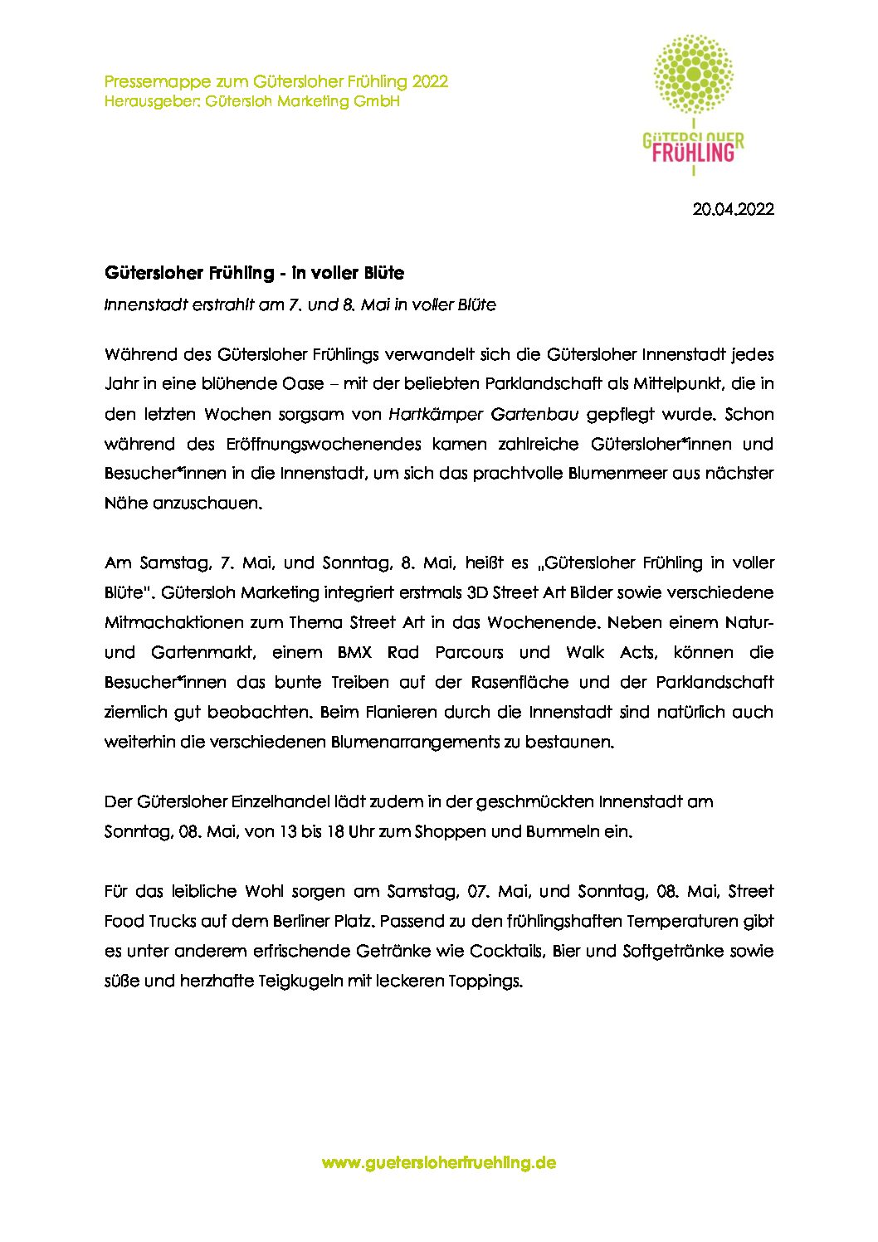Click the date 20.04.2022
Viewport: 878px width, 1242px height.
733,209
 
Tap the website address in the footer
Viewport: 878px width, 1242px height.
438,1162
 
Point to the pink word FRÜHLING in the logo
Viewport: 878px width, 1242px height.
693,153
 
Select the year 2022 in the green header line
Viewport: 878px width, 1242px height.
430,81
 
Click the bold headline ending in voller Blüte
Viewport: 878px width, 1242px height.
254,273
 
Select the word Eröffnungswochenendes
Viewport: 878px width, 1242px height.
323,444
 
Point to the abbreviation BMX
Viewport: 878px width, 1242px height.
354,653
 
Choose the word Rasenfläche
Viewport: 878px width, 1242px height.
519,683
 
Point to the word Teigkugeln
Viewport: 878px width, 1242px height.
300,981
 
